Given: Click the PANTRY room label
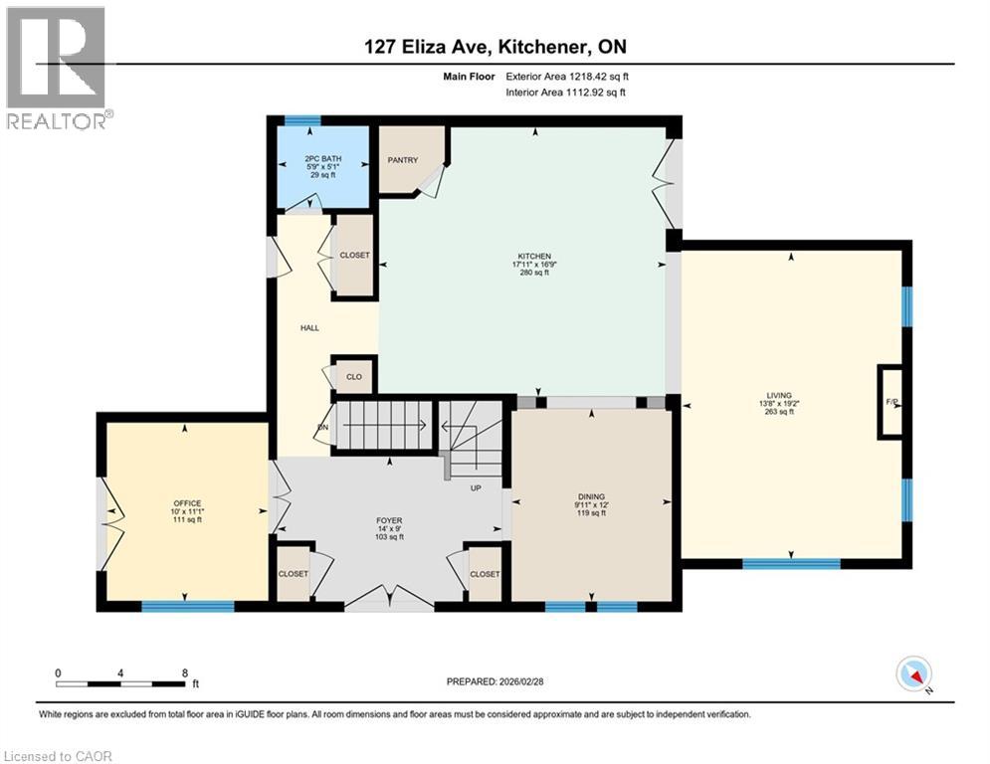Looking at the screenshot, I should pos(403,159).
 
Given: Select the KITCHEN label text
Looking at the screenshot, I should pos(527,257).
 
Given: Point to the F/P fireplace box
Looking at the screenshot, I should pos(891,402).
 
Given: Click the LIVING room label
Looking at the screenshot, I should pos(791,396).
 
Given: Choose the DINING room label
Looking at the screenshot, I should pos(591,496).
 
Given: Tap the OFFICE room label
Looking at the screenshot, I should pos(187,503).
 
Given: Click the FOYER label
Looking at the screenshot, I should pos(388,520).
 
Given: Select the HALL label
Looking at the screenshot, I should pos(309,327).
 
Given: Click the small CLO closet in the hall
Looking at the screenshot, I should pos(353,377).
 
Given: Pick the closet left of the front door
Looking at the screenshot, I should pos(293,574).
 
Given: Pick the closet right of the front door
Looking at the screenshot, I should pos(485,574).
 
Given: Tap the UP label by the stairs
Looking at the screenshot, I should pos(476,487).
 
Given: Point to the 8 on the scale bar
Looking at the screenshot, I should pos(184,672).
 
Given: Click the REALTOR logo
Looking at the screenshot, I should pos(57,68).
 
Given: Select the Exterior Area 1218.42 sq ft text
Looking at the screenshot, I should pos(565,75).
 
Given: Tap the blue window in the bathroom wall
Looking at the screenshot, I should pos(302,121).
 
